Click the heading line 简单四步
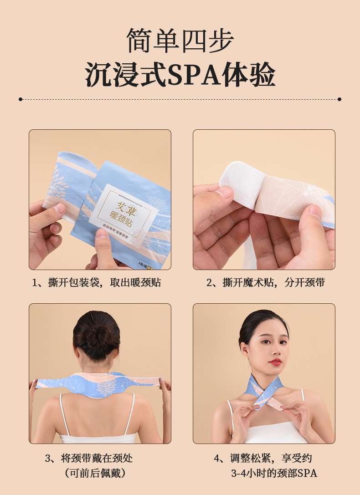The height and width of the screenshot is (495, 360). (180, 41)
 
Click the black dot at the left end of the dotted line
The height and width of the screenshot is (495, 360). (21, 99)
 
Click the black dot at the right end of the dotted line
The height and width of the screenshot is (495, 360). (339, 99)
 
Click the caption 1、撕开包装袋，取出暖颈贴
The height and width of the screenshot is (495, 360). (96, 283)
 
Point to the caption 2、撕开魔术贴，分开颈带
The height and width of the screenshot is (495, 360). (265, 283)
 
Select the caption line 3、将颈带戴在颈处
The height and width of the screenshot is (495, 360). (89, 458)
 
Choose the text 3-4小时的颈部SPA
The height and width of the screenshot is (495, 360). (273, 473)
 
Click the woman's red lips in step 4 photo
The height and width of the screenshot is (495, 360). (275, 362)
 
